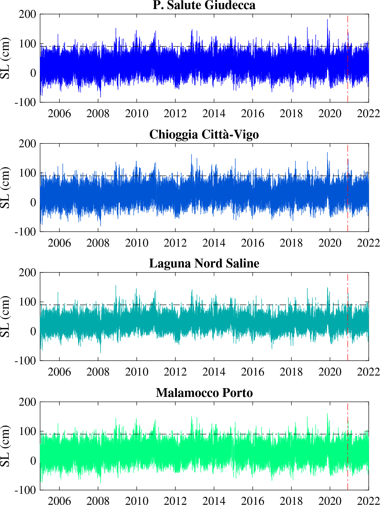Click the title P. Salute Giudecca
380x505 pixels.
[204, 5]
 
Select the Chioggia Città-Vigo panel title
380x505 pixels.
[204, 134]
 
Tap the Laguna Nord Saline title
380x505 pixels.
[204, 263]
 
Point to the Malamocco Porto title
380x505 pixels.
[204, 393]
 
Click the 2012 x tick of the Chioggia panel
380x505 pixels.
[175, 243]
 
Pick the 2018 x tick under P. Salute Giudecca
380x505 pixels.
[291, 114]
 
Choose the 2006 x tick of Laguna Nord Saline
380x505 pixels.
[59, 372]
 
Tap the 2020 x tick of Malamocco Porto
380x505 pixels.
[330, 501]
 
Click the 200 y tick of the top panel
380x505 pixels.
[27, 14]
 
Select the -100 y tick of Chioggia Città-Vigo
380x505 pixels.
[25, 232]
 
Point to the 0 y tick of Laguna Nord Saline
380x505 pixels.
[33, 331]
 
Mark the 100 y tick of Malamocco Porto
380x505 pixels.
[27, 432]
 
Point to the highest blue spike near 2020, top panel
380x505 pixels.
[327, 20]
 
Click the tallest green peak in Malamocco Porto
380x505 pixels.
[328, 414]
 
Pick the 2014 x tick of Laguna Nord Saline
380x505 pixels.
[214, 372]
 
